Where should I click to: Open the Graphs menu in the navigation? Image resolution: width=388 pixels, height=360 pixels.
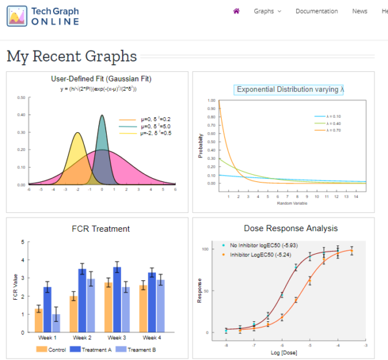click(x=267, y=11)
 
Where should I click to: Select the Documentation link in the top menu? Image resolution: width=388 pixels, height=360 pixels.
click(x=316, y=11)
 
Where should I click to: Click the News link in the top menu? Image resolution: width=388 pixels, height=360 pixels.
click(x=360, y=11)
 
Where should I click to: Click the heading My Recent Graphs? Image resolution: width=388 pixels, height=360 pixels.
click(x=72, y=56)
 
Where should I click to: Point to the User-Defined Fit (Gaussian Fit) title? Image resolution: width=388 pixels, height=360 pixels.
click(x=101, y=79)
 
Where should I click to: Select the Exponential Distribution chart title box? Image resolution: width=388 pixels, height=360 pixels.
click(x=289, y=89)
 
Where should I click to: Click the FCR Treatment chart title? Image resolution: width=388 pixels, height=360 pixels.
click(x=101, y=229)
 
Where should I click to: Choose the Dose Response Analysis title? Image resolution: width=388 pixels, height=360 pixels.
click(x=290, y=229)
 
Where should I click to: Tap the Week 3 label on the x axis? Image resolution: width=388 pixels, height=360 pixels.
click(x=116, y=338)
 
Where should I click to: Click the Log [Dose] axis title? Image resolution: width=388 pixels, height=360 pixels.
click(x=289, y=352)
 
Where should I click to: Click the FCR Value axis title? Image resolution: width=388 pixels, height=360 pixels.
click(x=15, y=287)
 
